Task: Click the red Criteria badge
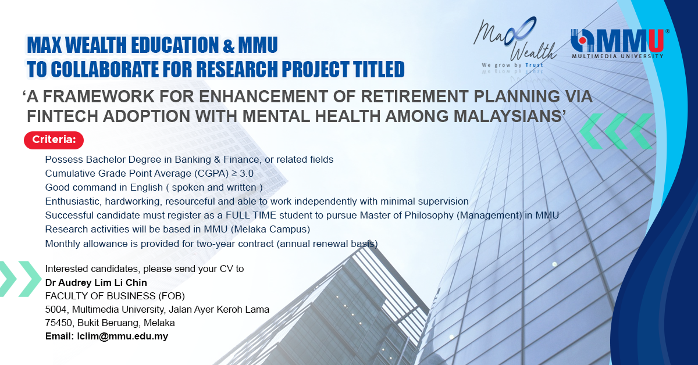point(54,140)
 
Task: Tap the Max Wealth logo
point(514,42)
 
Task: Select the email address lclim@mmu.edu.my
point(123,337)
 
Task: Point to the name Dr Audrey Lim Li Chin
point(96,282)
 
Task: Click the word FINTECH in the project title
point(62,116)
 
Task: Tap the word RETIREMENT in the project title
point(414,96)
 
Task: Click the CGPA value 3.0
point(247,173)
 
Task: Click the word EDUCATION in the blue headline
point(175,45)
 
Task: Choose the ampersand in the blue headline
point(229,45)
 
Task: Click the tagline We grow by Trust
point(512,65)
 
